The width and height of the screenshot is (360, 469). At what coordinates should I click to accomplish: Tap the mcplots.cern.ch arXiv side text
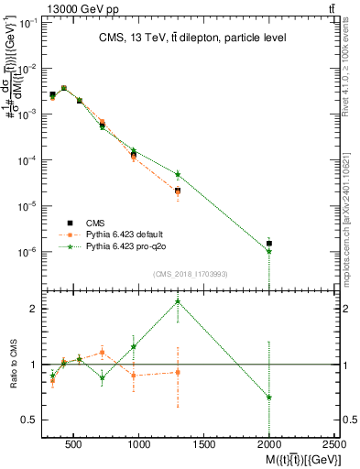(352, 206)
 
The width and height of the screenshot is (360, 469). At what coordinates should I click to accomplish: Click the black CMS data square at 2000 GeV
(269, 244)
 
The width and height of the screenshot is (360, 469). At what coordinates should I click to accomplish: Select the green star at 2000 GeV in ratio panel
(269, 397)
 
